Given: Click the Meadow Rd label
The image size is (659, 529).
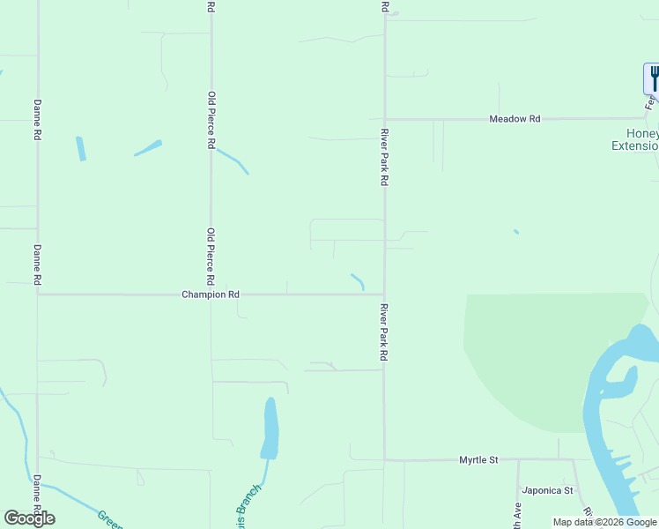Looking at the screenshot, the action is point(515,119).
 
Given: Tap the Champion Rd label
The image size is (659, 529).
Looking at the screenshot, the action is point(211,294).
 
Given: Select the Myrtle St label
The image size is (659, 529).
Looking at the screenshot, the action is point(478,460).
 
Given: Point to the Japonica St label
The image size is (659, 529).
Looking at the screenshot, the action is point(547,490).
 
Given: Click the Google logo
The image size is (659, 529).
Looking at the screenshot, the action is point(29,518).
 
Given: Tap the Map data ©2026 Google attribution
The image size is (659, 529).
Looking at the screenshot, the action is point(605,522).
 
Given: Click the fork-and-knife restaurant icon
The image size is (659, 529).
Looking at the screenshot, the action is point(653,78).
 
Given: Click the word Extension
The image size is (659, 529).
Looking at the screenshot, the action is point(634,146).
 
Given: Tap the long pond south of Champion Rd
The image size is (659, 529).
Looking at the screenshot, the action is point(270,428).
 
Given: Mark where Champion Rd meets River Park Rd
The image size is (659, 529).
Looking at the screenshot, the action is point(384,294).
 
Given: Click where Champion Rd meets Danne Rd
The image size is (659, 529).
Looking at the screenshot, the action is point(37,294).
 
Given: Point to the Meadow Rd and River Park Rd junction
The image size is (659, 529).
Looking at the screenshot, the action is point(384,119).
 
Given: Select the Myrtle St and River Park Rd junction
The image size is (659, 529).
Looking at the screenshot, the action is point(384,459).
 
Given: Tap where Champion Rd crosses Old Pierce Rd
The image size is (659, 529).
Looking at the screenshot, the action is point(211,294).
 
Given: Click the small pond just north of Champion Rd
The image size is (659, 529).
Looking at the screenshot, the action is point(358,281).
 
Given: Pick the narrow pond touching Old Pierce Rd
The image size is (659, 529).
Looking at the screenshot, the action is point(233,160).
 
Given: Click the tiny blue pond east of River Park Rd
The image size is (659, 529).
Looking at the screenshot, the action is point(515,232).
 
